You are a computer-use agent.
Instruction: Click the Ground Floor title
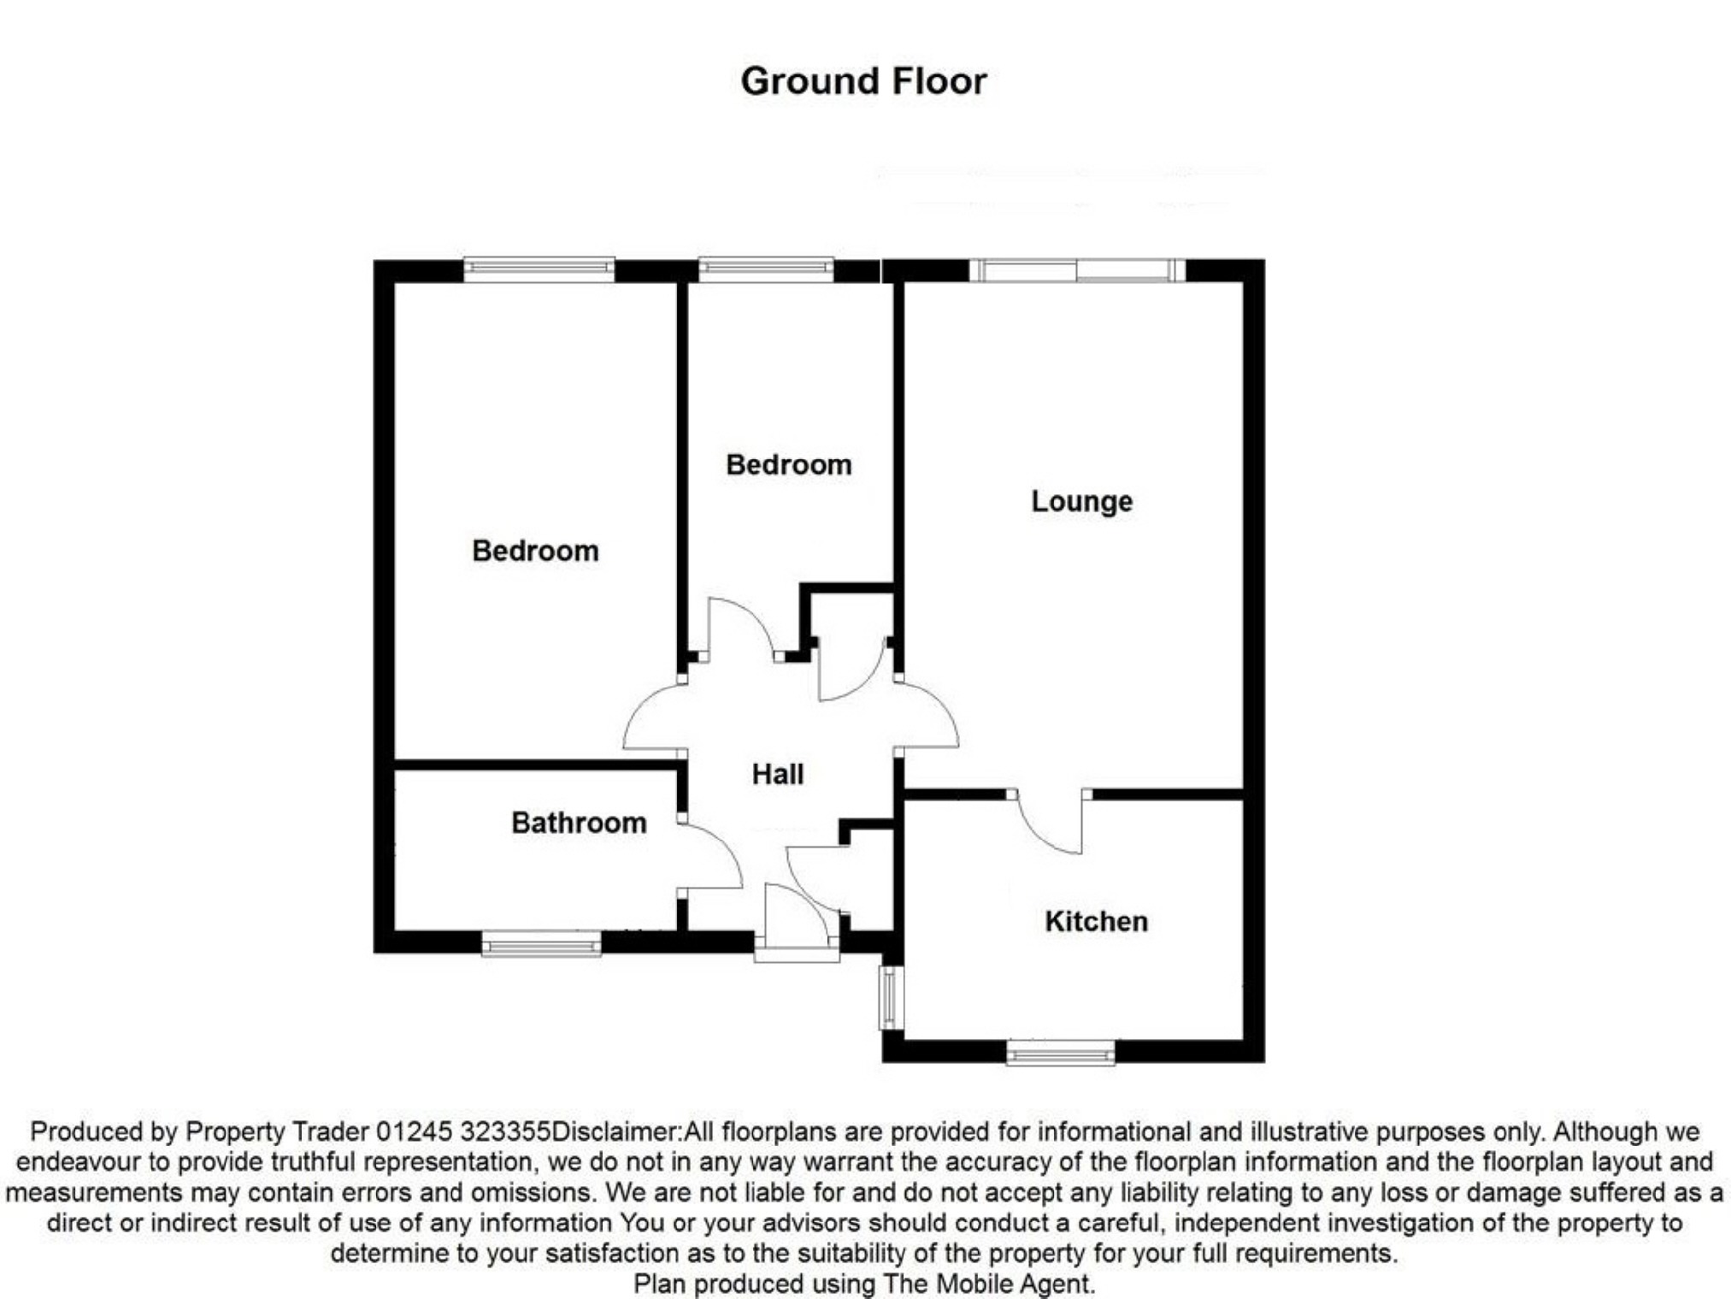[863, 82]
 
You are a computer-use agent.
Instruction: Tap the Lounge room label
[1081, 501]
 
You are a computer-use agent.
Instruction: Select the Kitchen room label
[1096, 921]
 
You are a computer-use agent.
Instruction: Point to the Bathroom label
[579, 823]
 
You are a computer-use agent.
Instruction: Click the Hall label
[777, 774]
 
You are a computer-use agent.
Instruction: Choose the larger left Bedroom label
[535, 551]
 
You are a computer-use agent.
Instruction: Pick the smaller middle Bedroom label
[788, 464]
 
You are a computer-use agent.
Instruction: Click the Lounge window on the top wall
[1077, 270]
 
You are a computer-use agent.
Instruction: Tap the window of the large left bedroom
[539, 269]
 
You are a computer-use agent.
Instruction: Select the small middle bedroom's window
[766, 269]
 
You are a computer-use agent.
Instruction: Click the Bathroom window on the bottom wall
[541, 944]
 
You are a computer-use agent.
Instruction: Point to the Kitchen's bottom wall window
[1061, 1052]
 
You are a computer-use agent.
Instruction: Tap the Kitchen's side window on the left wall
[890, 997]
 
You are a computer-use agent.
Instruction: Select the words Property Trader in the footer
[277, 1131]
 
